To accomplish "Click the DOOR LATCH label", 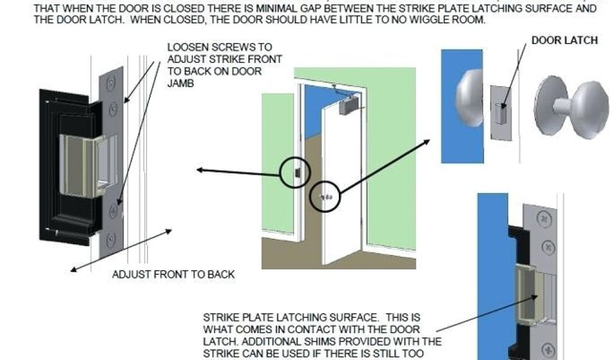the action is [x=564, y=40].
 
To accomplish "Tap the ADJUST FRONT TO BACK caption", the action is [x=173, y=275].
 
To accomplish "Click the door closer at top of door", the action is [x=347, y=106].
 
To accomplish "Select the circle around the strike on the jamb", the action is [x=295, y=172].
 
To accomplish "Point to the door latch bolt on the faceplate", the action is [x=501, y=112].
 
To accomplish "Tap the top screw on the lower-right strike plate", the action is [x=543, y=220].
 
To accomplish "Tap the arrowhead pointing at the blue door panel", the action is [x=428, y=142].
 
